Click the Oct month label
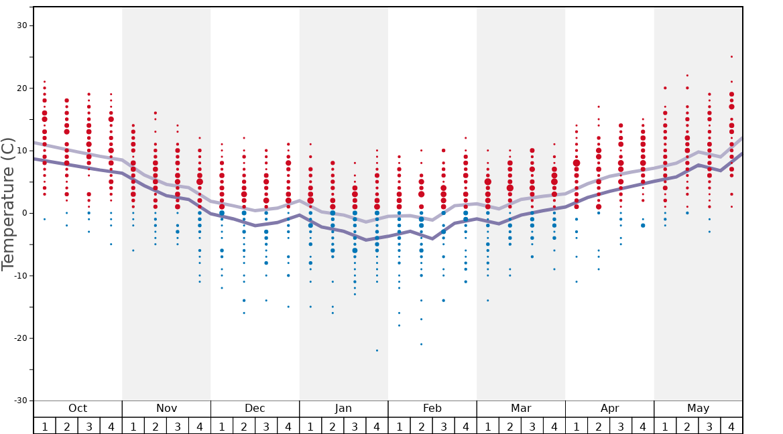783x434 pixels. (x=78, y=409)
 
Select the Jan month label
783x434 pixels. (x=343, y=409)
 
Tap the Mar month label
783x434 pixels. (x=521, y=409)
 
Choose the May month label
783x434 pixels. (x=698, y=409)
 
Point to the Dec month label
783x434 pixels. (x=255, y=409)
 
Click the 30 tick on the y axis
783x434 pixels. (x=21, y=25)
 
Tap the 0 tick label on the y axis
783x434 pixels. (x=24, y=213)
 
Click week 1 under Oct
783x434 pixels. (x=44, y=426)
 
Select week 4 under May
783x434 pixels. (x=731, y=426)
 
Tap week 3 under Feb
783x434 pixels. (x=443, y=426)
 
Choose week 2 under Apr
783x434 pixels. (x=599, y=426)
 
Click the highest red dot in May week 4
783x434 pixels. (x=731, y=57)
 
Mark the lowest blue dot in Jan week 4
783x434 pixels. (x=377, y=350)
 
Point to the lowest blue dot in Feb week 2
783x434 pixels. (x=421, y=344)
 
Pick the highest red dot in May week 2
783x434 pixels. (x=687, y=76)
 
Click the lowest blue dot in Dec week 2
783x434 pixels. (x=244, y=313)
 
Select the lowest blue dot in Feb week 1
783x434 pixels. (x=399, y=325)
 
